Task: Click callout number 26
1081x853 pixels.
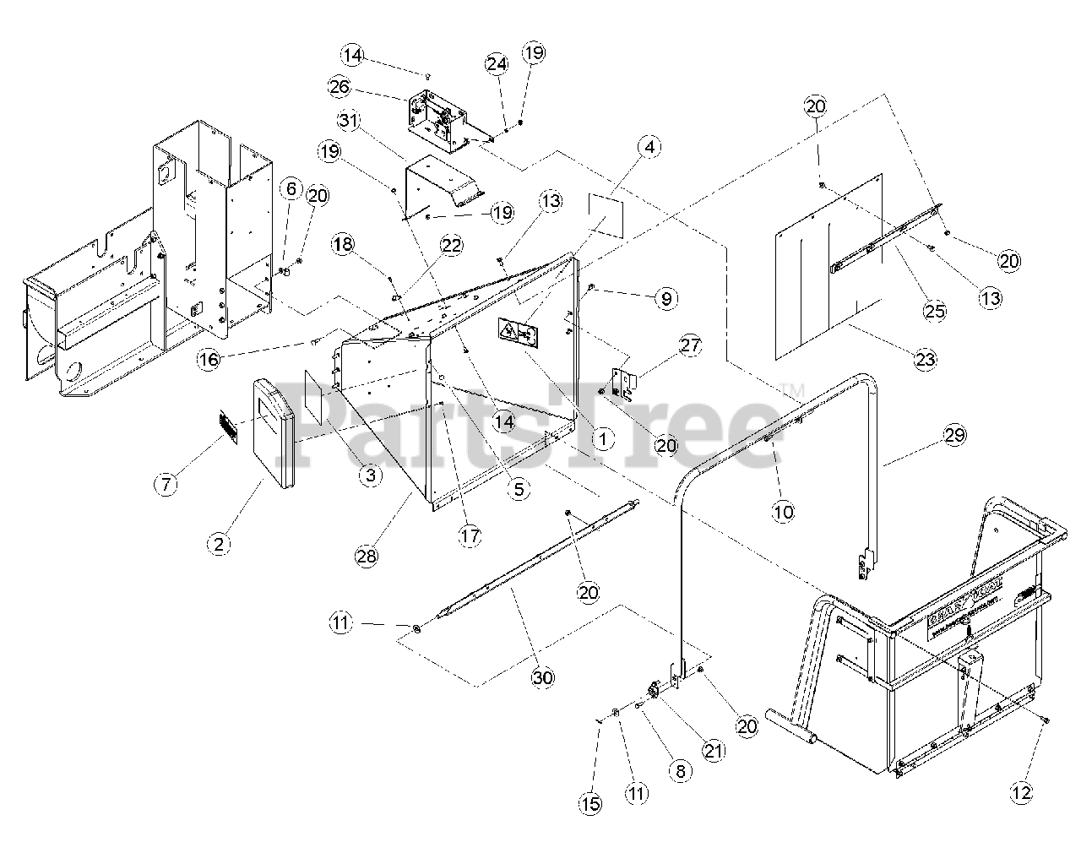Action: pyautogui.click(x=340, y=87)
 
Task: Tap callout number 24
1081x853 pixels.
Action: pyautogui.click(x=497, y=63)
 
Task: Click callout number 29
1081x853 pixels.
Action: pyautogui.click(x=954, y=435)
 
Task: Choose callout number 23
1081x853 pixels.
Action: pyautogui.click(x=926, y=359)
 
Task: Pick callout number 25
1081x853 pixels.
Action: pyautogui.click(x=934, y=312)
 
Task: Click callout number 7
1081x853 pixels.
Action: pyautogui.click(x=166, y=484)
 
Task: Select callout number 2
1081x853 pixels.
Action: pyautogui.click(x=219, y=544)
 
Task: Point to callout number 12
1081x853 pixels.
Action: pyautogui.click(x=1022, y=792)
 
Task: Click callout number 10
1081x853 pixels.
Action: pyautogui.click(x=784, y=511)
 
